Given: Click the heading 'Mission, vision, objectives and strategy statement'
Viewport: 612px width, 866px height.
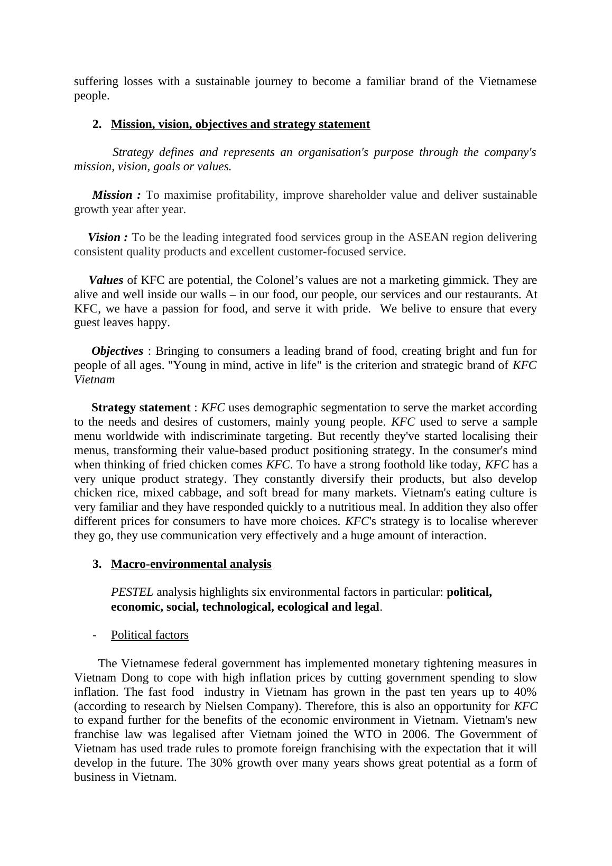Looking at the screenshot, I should pos(240,124).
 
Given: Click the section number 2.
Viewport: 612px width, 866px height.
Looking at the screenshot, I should pos(97,124).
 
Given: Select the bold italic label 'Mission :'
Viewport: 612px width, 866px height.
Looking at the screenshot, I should pos(116,195).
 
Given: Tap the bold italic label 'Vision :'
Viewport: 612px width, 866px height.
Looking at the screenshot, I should pos(108,237).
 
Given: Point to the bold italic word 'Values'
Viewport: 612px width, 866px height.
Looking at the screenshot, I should pos(106,280).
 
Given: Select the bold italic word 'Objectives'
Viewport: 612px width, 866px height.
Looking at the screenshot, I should pos(117,351).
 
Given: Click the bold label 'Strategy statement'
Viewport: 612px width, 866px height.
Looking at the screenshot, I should pos(141,408).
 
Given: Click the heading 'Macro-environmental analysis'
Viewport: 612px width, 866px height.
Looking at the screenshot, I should pos(191,564).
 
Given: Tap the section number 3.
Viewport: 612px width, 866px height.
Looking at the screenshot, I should pos(97,564).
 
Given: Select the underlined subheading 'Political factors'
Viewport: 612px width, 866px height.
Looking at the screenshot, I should pos(150,635).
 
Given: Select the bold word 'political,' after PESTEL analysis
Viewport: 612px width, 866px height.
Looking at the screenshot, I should pos(469,593).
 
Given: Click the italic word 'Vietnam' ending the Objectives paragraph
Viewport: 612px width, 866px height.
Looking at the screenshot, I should pos(94,380).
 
